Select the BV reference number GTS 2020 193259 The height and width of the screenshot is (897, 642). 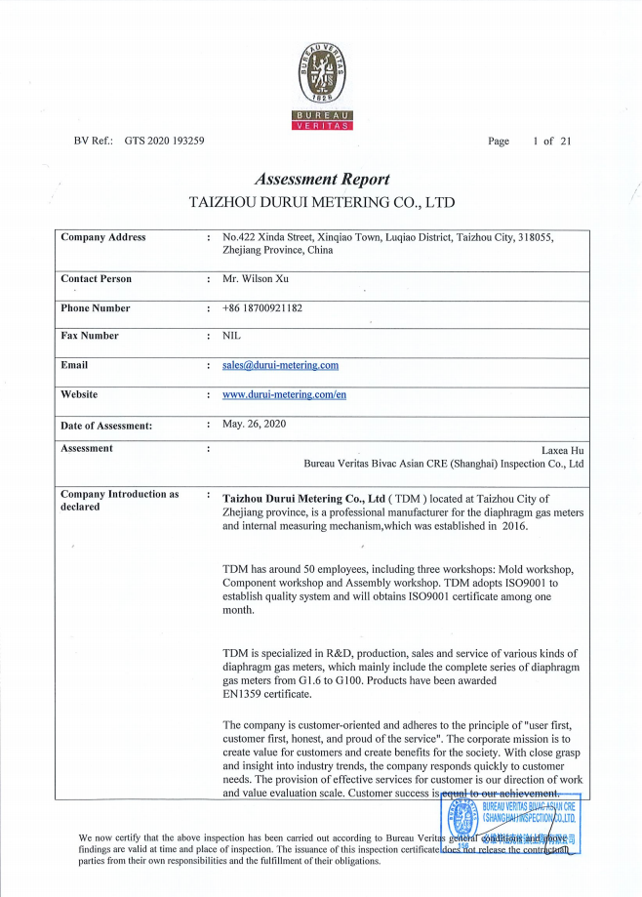[x=164, y=142]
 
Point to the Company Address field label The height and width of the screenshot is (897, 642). [x=103, y=237]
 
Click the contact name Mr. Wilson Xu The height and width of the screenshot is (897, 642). [x=256, y=279]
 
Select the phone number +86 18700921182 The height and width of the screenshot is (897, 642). [x=262, y=308]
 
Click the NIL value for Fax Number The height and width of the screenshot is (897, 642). [x=231, y=336]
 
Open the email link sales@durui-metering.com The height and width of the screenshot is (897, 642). [x=280, y=365]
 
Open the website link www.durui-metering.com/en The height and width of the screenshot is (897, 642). [x=284, y=394]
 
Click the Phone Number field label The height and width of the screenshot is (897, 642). [x=96, y=308]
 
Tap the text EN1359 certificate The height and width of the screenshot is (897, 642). [x=267, y=695]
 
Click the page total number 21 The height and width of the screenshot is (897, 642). [x=566, y=142]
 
